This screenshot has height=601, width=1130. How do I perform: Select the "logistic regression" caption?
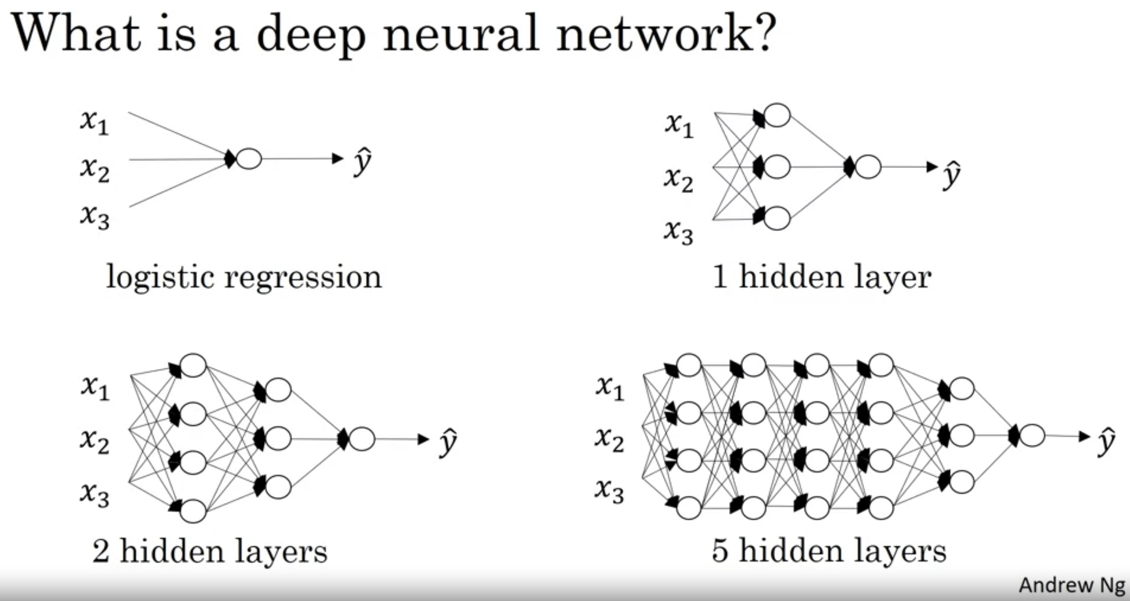point(244,277)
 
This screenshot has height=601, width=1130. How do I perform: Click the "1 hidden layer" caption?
point(822,277)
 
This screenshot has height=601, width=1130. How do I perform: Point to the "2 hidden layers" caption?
point(210,551)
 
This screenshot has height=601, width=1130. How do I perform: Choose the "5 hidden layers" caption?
point(829,551)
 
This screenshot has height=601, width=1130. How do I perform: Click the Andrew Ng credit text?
point(1072,585)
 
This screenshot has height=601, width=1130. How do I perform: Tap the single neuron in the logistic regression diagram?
point(249,159)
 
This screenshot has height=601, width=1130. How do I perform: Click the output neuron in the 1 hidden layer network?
point(868,167)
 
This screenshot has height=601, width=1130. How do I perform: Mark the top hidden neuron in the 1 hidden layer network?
point(777,116)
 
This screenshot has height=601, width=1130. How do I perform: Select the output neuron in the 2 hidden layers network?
point(362,439)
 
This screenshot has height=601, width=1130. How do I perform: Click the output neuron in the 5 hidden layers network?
point(1032,436)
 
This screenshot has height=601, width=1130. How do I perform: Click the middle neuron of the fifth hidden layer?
point(961,435)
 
